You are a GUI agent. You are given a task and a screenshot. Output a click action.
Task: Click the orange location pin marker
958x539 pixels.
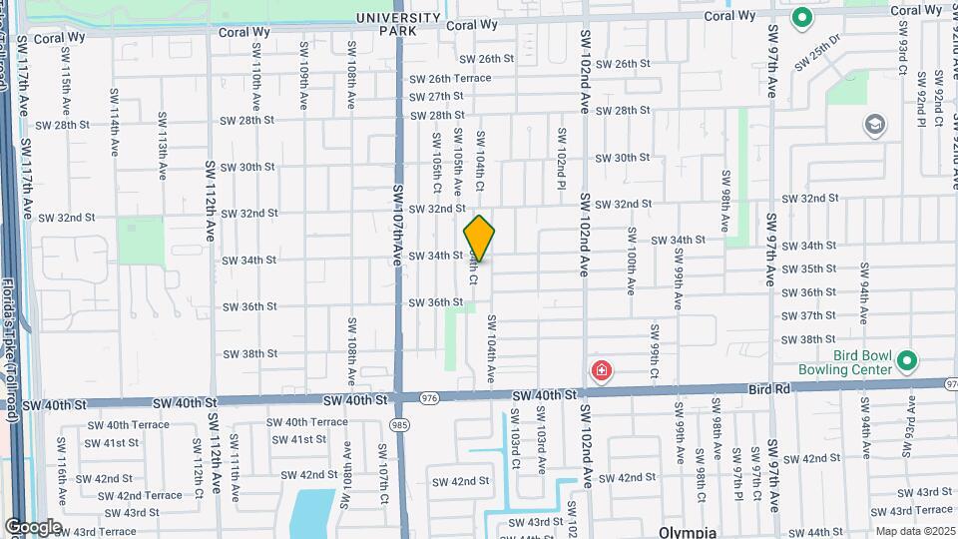(x=479, y=239)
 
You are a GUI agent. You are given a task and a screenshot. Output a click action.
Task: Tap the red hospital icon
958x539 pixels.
(x=602, y=372)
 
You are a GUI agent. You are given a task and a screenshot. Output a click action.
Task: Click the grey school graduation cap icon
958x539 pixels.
(x=875, y=125)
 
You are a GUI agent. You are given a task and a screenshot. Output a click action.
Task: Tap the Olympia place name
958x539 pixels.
(x=688, y=532)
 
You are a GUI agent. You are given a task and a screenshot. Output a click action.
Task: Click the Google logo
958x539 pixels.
(x=32, y=527)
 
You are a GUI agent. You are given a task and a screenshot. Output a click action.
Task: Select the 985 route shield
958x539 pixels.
(x=397, y=423)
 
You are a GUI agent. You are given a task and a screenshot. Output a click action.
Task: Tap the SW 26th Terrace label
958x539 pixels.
(x=446, y=79)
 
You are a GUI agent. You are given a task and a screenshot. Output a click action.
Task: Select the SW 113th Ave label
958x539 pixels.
(x=162, y=145)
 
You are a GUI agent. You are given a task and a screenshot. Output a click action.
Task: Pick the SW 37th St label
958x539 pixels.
(x=808, y=315)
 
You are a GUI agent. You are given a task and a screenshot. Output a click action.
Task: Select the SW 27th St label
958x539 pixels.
(x=439, y=97)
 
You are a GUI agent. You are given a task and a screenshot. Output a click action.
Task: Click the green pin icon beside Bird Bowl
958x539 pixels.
(x=906, y=360)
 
